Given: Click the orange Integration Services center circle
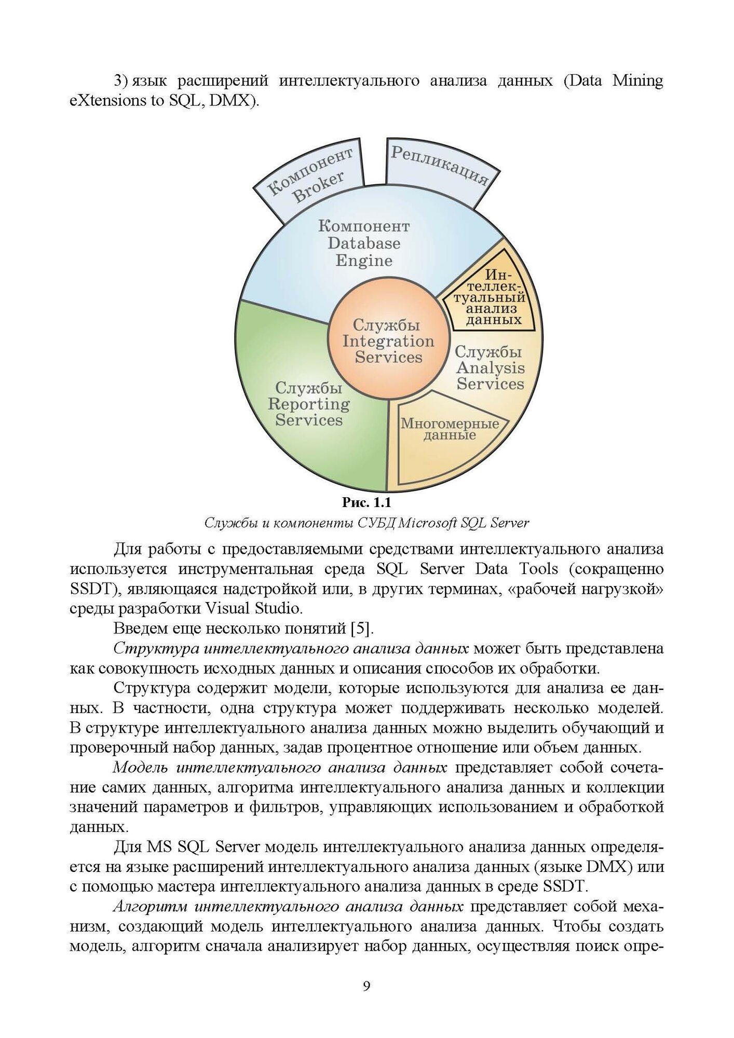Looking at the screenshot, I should (x=388, y=341).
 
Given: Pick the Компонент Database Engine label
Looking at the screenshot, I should (x=364, y=243).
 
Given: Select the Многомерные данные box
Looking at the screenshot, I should (x=449, y=429).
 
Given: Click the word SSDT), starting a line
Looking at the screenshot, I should (x=96, y=589).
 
